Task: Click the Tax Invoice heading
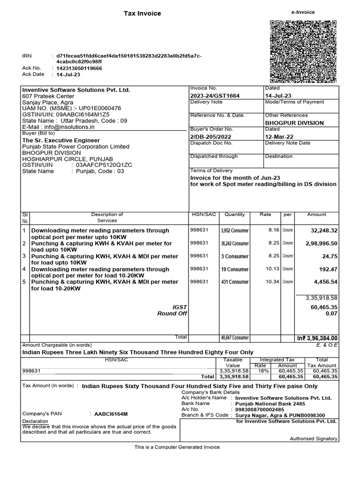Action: (x=142, y=14)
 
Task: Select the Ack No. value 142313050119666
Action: (x=79, y=68)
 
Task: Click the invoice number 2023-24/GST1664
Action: (x=215, y=96)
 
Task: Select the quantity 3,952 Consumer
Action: (x=235, y=231)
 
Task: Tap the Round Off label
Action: (x=172, y=314)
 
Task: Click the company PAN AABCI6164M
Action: (x=111, y=414)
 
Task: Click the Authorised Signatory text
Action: (x=314, y=439)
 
